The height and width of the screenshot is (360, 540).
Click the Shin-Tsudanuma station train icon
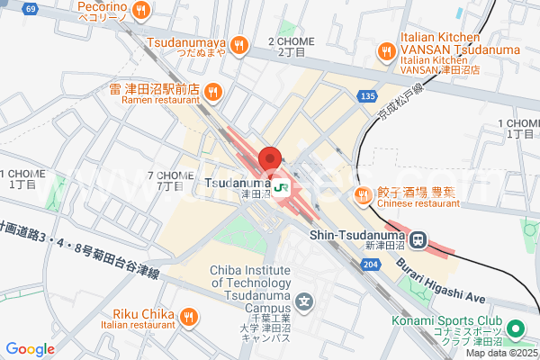click(418, 239)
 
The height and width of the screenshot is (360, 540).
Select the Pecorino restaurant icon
click(140, 11)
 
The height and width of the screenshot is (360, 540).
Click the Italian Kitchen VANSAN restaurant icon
click(386, 51)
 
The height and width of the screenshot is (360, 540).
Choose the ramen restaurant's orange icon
click(212, 90)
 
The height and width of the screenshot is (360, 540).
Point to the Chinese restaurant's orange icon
click(364, 194)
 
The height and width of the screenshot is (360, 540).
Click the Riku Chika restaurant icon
click(188, 315)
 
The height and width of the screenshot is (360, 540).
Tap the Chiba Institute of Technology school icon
click(306, 301)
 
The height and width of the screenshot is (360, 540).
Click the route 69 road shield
click(31, 9)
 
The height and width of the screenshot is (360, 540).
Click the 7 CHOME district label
click(170, 180)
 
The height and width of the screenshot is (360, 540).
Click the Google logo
click(31, 349)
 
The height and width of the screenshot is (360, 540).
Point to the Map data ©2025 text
click(501, 353)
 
